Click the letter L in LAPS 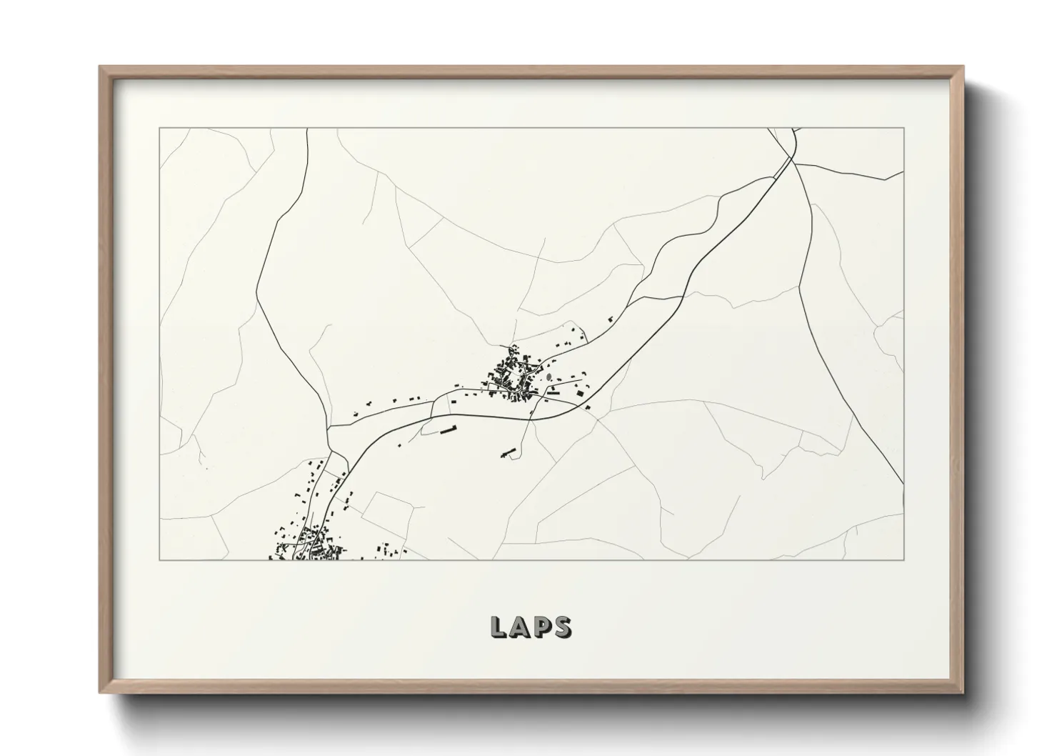(x=499, y=627)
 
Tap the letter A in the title (x=521, y=627)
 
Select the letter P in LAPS (x=542, y=627)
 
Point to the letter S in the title (x=563, y=627)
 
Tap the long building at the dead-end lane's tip (x=508, y=452)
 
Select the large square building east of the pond (x=581, y=391)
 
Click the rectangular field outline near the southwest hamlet (x=389, y=514)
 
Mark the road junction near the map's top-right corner (x=792, y=159)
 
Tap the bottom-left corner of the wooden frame (x=101, y=692)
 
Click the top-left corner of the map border (x=160, y=129)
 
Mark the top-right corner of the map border (x=904, y=129)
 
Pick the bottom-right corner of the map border (x=904, y=559)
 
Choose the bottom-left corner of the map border (x=160, y=559)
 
